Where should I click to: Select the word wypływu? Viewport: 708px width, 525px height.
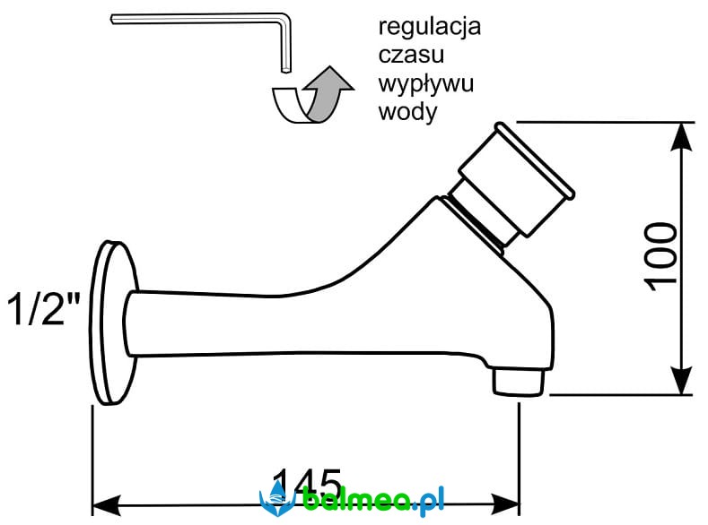[x=425, y=85]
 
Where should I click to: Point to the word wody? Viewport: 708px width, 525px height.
[x=406, y=113]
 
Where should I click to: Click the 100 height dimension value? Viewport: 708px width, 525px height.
[x=662, y=255]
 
